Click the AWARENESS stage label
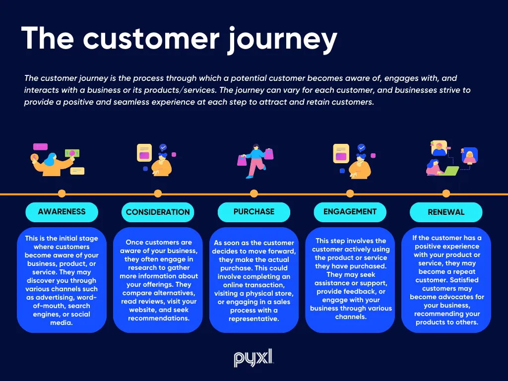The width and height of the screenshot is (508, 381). [x=62, y=212]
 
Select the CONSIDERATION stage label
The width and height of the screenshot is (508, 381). [x=158, y=212]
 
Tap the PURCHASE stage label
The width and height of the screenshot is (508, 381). [x=254, y=212]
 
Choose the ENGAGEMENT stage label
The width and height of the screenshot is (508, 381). [x=350, y=212]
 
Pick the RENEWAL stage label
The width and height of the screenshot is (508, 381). [x=446, y=212]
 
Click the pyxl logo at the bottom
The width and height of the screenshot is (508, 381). [x=254, y=358]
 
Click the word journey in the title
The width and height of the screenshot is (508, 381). [x=282, y=39]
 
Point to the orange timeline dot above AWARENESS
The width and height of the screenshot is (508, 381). [x=62, y=193]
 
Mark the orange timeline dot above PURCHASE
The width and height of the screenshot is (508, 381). [x=254, y=193]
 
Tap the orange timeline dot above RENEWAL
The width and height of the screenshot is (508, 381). [x=446, y=193]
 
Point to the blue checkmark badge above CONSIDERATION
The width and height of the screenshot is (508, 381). [x=163, y=148]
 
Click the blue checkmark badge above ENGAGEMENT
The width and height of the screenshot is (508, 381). [x=362, y=148]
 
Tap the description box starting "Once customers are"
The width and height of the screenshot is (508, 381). [x=158, y=280]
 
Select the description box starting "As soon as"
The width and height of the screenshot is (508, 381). [x=254, y=280]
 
